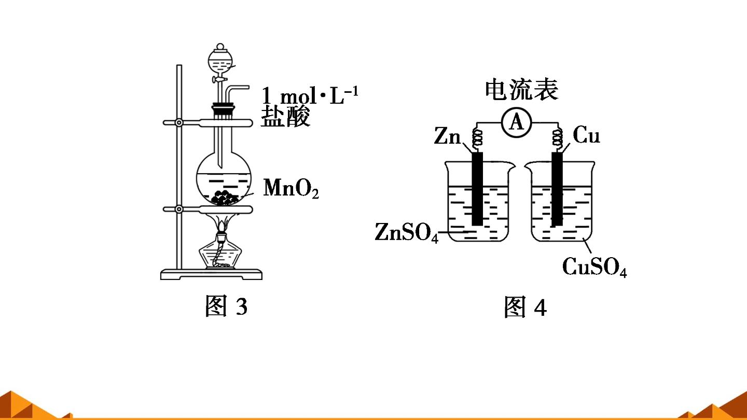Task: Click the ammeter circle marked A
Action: pos(517,122)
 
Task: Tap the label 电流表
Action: pos(521,89)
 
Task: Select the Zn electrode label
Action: pos(447,136)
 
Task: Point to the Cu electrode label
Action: pos(586,135)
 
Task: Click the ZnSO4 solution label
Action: pos(406,232)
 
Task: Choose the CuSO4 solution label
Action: pos(594,267)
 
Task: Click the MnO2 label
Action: pos(291,188)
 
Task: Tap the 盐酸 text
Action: pos(285,116)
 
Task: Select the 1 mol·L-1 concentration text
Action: pos(310,95)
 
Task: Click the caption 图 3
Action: pos(226,306)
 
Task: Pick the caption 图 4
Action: pos(525,306)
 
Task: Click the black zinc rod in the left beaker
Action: pos(478,189)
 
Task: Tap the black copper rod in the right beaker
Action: pos(557,189)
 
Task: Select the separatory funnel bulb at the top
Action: pos(220,60)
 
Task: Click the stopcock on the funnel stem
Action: pos(220,80)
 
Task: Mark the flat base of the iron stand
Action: pos(212,274)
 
